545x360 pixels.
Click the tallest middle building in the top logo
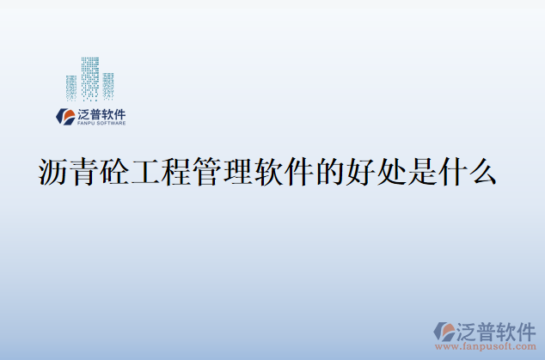tap(90, 78)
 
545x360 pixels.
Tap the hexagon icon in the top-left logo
tap(64, 116)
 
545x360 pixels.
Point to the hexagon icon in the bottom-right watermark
tap(445, 331)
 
